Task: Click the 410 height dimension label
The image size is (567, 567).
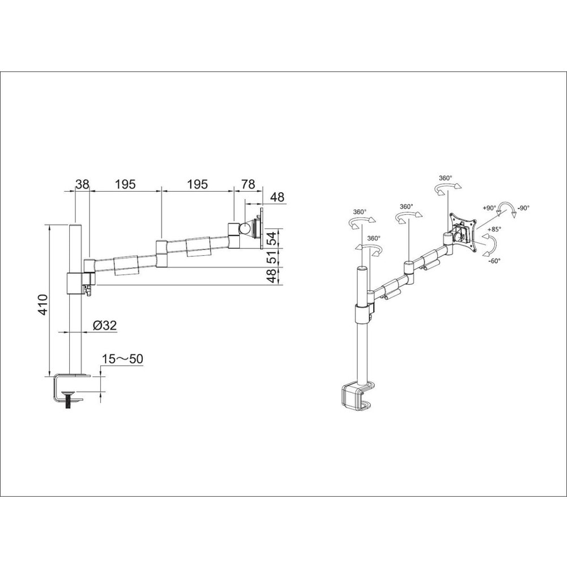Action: (x=43, y=304)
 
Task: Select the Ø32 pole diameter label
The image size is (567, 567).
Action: (x=105, y=325)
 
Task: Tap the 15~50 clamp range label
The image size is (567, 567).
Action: (x=122, y=359)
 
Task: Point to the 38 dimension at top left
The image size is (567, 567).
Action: (x=82, y=184)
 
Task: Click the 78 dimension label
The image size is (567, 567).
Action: (x=248, y=184)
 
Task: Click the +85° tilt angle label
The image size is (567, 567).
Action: (x=493, y=229)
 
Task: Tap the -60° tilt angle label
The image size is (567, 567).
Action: (x=494, y=261)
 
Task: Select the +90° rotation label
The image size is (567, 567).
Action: (x=489, y=208)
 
